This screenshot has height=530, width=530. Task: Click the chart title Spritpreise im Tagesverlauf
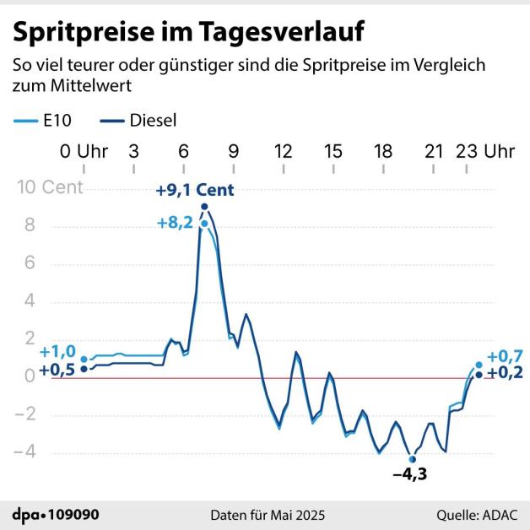point(188,32)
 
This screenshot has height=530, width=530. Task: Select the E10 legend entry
point(41,120)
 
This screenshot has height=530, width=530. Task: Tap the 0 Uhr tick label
point(84,152)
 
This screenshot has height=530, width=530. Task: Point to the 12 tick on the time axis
point(284,152)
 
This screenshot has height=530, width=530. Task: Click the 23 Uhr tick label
point(486,152)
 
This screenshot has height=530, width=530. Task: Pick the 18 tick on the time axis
point(384,152)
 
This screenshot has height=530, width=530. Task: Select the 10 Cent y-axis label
point(50,187)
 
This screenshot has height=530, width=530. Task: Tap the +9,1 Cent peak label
point(194,191)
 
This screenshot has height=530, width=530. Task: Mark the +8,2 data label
point(176,223)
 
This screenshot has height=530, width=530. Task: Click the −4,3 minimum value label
point(411,473)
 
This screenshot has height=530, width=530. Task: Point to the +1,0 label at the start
point(57,352)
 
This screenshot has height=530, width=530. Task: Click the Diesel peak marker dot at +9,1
point(205,207)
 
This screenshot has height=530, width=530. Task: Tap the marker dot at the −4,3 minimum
point(412,459)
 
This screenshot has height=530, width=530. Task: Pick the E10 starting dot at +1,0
point(84,360)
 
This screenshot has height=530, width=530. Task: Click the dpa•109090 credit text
point(51,514)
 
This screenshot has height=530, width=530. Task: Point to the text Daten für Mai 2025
point(267,514)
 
